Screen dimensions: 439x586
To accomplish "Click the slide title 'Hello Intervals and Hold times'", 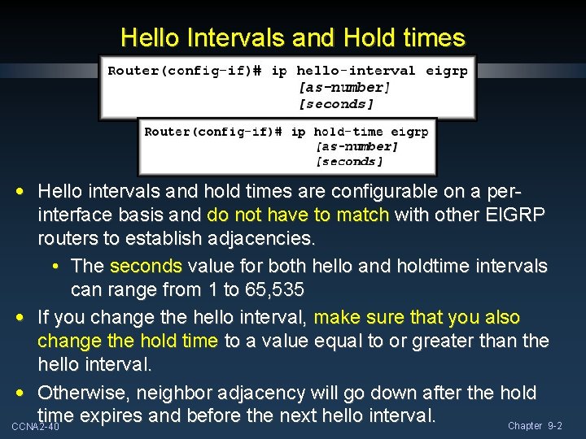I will coord(293,37).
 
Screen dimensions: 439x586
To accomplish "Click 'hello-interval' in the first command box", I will coord(356,71).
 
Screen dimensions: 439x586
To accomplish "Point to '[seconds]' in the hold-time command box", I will coord(349,162).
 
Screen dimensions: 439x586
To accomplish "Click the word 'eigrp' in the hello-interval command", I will coord(447,71).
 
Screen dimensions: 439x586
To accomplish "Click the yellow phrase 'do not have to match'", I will coord(300,216).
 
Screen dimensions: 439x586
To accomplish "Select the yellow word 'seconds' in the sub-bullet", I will coord(146,266).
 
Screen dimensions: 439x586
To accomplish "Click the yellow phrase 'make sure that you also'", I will coord(417,317).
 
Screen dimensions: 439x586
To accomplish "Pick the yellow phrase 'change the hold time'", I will coord(128,341).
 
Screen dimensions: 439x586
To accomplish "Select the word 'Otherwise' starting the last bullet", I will coord(84,393).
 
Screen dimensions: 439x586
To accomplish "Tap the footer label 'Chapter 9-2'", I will coord(535,426).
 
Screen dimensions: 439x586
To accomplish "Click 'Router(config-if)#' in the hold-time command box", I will coord(213,131).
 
